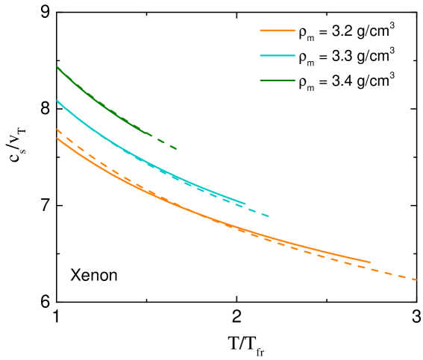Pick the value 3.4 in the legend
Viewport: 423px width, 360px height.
pos(332,80)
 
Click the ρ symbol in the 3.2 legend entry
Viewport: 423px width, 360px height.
pos(301,34)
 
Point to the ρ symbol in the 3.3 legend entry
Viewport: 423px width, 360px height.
pos(301,57)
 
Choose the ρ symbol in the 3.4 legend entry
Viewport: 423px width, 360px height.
pos(301,81)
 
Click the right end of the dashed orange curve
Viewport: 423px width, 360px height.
pos(416,280)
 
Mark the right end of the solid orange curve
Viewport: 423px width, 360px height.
pos(370,262)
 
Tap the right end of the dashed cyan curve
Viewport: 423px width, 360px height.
pos(268,216)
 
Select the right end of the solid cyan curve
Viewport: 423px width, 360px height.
pos(245,203)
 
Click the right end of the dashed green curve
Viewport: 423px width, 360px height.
pos(177,148)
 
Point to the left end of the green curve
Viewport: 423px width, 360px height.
pos(57,68)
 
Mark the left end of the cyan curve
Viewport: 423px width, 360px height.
pos(57,101)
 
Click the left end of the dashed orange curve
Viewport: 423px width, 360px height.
pos(57,130)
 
